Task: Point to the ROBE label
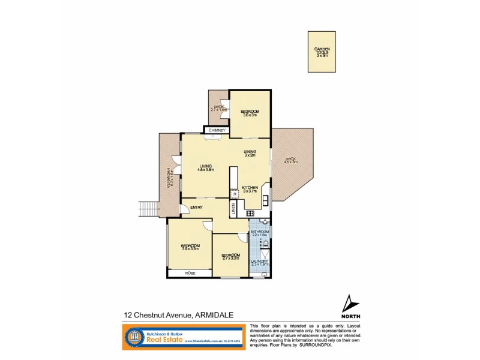click(x=190, y=273)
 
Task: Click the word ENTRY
click(x=196, y=208)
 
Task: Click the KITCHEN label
click(x=250, y=189)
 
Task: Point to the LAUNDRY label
click(x=259, y=263)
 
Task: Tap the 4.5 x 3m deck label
click(x=291, y=160)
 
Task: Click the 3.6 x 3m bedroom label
click(x=250, y=113)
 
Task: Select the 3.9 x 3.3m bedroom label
click(x=190, y=247)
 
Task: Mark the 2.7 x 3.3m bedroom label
click(x=230, y=257)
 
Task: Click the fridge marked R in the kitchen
click(x=234, y=195)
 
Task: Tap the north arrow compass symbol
click(x=349, y=303)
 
